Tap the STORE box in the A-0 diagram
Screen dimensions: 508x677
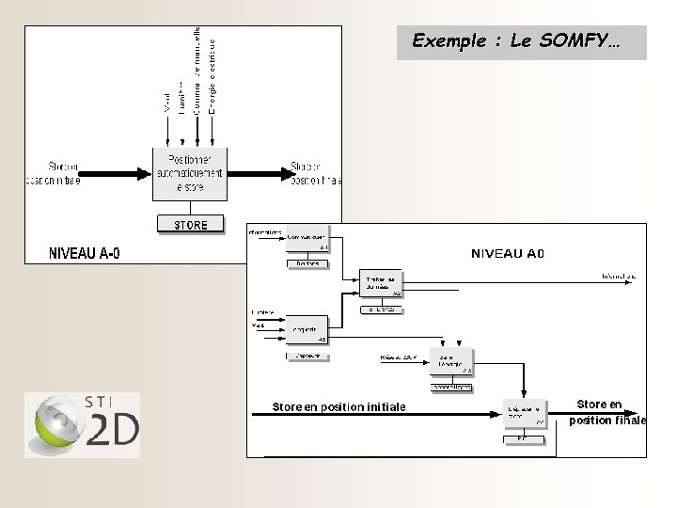tap(192, 224)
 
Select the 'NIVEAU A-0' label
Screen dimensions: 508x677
tap(85, 253)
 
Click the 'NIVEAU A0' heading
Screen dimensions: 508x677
tap(508, 253)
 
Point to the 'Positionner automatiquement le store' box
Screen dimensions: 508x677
tap(192, 173)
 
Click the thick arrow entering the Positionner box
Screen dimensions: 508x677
tap(117, 172)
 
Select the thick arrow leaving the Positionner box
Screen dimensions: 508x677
tap(264, 172)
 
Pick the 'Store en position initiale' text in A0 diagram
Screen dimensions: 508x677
tap(338, 407)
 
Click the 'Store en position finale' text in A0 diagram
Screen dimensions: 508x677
tap(606, 413)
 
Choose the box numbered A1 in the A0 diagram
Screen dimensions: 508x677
tap(307, 240)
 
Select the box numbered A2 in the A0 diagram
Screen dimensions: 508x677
tap(382, 284)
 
